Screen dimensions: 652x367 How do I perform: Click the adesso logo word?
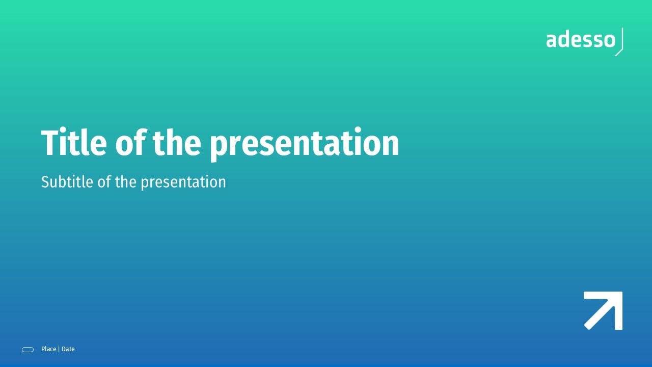point(581,40)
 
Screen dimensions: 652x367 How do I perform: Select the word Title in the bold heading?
point(74,142)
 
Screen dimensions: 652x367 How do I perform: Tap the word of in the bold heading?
point(130,142)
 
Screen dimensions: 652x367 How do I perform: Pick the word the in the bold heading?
point(177,142)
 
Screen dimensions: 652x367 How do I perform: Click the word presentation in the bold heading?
point(304,144)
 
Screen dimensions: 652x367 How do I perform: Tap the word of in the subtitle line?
point(104,182)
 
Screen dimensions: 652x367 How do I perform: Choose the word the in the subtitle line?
point(126,182)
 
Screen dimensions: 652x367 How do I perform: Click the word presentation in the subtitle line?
point(183,182)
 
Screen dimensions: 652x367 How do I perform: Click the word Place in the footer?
point(48,349)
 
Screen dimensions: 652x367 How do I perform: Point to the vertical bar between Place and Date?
point(59,349)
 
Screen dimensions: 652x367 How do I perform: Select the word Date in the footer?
point(68,349)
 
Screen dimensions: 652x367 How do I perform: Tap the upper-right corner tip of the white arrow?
point(622,292)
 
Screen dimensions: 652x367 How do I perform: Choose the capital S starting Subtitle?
point(46,182)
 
